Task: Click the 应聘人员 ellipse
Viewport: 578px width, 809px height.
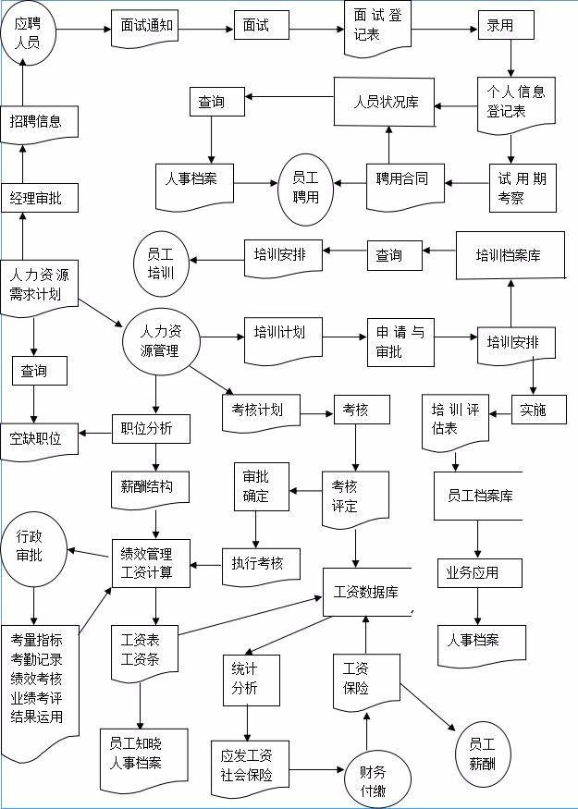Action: (x=28, y=33)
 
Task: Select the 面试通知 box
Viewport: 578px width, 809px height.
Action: (x=146, y=26)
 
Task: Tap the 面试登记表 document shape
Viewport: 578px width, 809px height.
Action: (x=377, y=26)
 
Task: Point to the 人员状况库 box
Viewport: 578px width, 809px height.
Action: (x=385, y=102)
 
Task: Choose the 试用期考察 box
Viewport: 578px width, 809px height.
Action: (x=523, y=186)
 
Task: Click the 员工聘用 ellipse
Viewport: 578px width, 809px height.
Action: (x=305, y=189)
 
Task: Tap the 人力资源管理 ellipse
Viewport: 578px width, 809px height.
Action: (x=162, y=339)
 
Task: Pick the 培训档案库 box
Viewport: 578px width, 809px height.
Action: (x=510, y=255)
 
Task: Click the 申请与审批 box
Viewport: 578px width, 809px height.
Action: (x=400, y=340)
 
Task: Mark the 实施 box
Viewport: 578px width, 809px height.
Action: (x=534, y=410)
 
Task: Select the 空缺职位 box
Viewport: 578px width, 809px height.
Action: (x=38, y=437)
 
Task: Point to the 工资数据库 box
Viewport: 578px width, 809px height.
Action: (x=366, y=591)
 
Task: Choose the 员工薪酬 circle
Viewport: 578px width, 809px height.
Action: (x=482, y=753)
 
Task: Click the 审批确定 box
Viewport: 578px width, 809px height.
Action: (x=262, y=485)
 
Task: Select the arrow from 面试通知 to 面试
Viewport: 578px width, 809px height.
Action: (x=204, y=27)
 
